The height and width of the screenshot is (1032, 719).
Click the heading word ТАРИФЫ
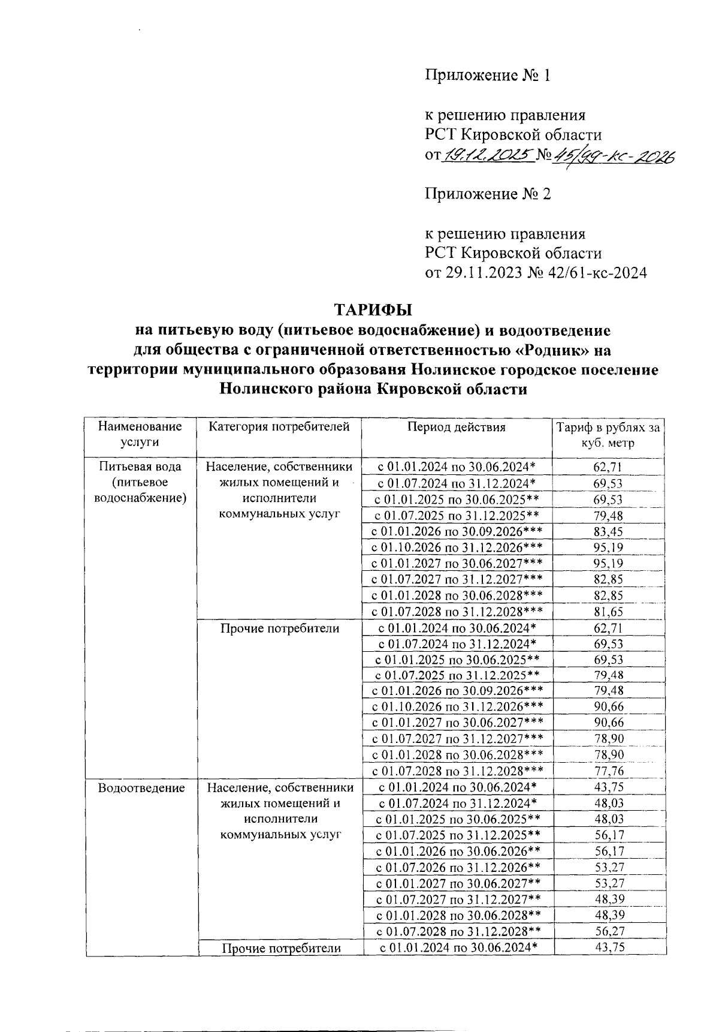click(373, 310)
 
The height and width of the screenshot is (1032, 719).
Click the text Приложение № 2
click(487, 194)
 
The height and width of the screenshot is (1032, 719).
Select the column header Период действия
click(457, 427)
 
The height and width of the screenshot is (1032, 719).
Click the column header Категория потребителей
click(279, 427)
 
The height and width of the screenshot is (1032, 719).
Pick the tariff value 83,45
click(608, 531)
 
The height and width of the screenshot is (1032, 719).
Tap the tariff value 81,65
click(608, 612)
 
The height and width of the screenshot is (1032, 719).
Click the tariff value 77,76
click(608, 771)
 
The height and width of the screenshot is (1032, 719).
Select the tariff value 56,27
click(608, 931)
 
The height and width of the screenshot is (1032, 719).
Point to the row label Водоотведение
click(141, 788)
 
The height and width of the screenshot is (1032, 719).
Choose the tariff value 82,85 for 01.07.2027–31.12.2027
click(608, 579)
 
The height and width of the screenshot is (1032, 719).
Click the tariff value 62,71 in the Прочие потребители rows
click(608, 628)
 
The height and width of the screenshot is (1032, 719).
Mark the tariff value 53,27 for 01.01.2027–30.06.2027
click(608, 883)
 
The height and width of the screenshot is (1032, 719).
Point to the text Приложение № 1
click(487, 76)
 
